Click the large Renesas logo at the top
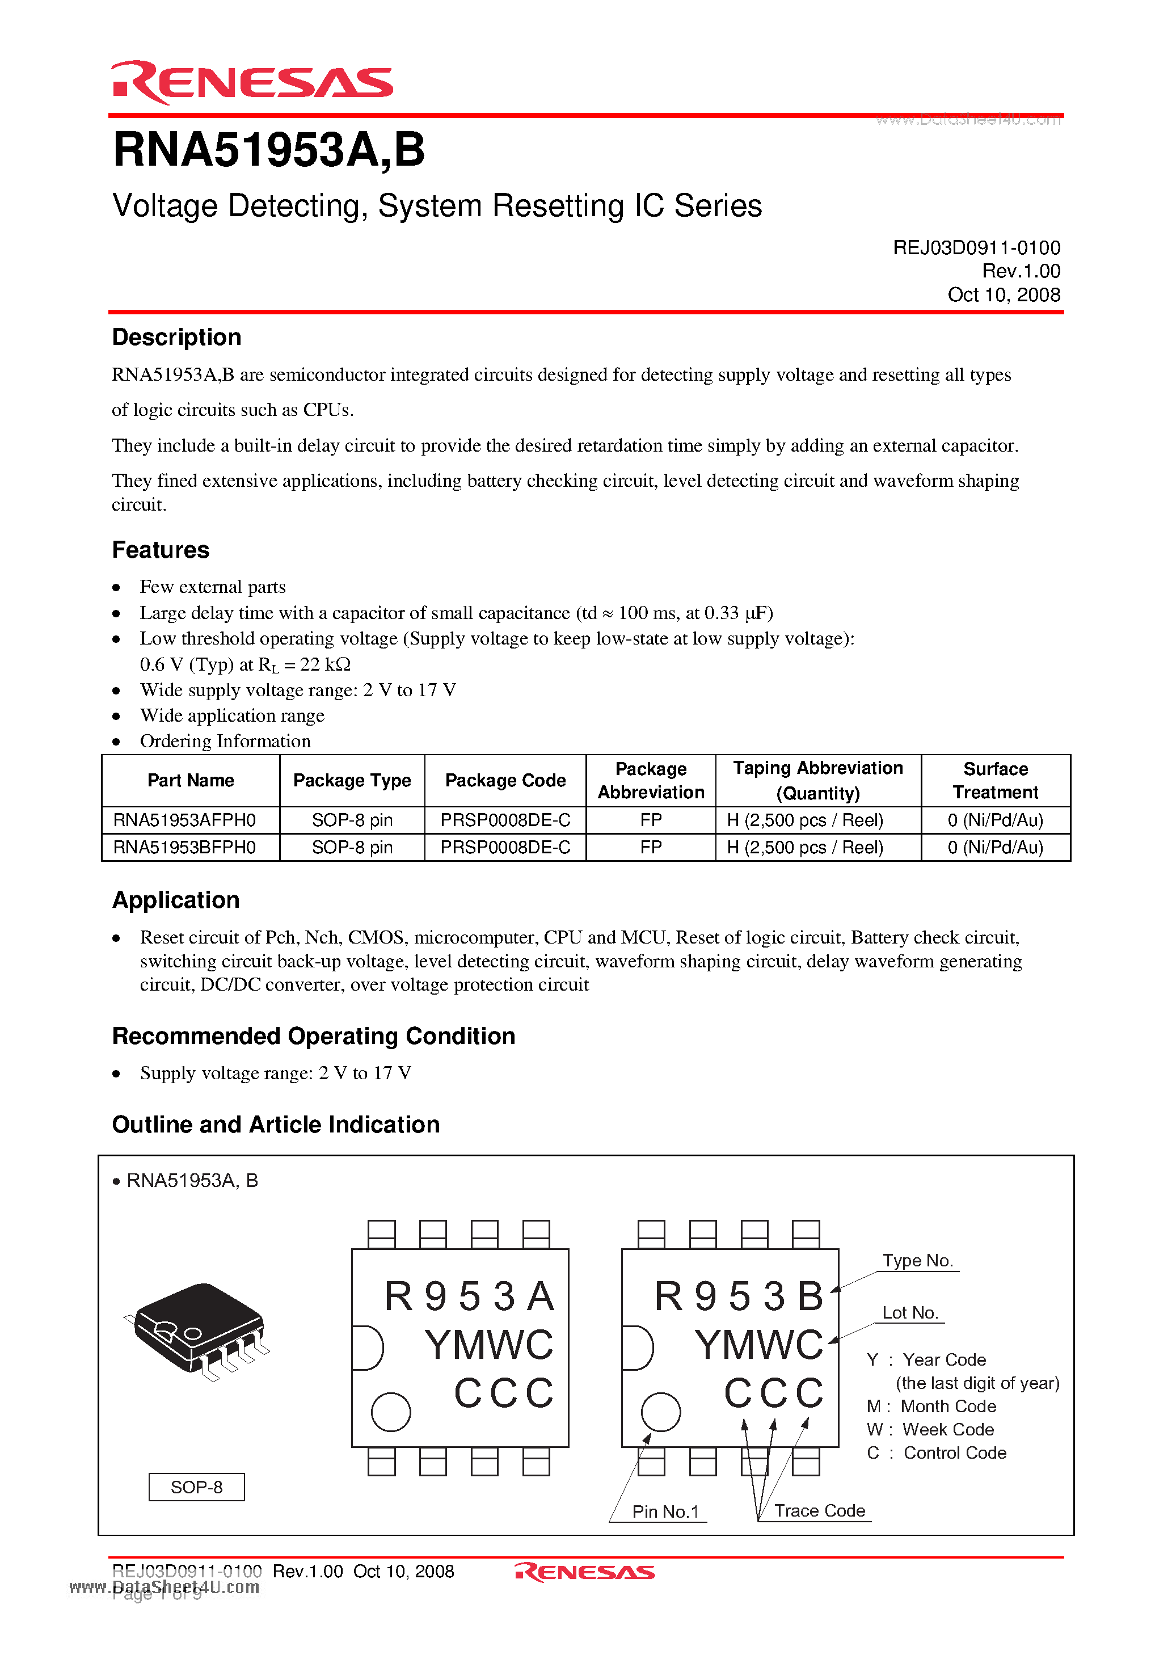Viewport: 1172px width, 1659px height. tap(252, 82)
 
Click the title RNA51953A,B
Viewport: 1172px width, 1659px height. tap(269, 150)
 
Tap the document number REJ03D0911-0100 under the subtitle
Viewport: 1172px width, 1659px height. tap(976, 248)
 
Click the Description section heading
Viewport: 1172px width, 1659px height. tap(176, 338)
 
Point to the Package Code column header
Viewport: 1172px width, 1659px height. tap(505, 780)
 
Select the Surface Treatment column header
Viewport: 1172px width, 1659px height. tap(995, 780)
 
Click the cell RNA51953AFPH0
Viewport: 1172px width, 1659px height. tap(185, 820)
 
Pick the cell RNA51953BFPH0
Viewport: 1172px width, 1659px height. tap(185, 848)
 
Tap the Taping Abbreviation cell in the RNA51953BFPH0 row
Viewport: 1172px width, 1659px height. tap(805, 848)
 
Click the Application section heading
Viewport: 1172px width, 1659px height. tap(176, 900)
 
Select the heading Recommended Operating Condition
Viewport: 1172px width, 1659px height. tap(314, 1036)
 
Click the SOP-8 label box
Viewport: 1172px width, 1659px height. tap(196, 1487)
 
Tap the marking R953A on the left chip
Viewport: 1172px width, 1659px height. tap(469, 1296)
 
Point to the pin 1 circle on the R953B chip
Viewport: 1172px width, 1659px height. tap(660, 1412)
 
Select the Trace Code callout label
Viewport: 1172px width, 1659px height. tap(819, 1511)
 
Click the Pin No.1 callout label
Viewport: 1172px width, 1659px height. tap(665, 1511)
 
